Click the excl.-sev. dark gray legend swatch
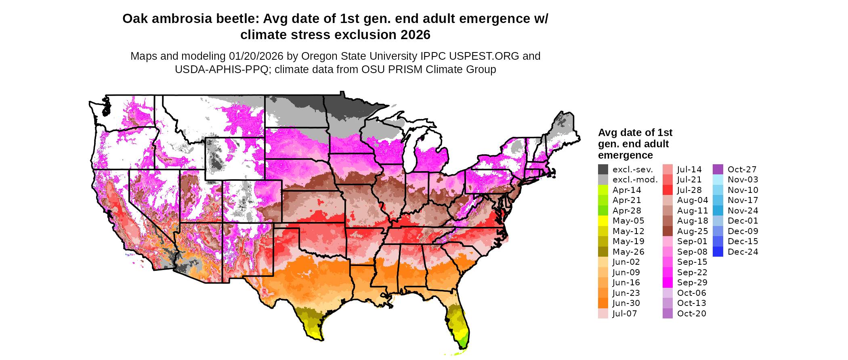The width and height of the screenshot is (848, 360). pos(603,170)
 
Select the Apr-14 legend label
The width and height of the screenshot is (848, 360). pos(627,190)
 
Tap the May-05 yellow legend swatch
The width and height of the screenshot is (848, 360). pos(603,221)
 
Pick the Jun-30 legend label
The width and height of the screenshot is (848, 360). pos(626,303)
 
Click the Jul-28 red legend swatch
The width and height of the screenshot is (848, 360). pos(667,190)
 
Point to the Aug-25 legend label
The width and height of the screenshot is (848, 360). pos(693,231)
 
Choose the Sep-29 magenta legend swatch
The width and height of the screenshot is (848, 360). pos(667,283)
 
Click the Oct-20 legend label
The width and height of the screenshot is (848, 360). pos(692,314)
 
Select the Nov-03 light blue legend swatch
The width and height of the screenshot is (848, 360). pos(718,180)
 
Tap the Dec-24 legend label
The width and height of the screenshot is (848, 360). pos(743,252)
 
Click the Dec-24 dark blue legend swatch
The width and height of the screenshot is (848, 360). pos(718,252)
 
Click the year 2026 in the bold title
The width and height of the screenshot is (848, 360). pos(416,35)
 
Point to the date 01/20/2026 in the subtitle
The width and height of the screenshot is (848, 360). pos(256,56)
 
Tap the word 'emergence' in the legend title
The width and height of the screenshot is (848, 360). pos(626,155)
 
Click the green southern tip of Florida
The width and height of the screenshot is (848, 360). pos(464,343)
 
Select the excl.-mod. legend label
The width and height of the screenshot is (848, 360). pos(635,180)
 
